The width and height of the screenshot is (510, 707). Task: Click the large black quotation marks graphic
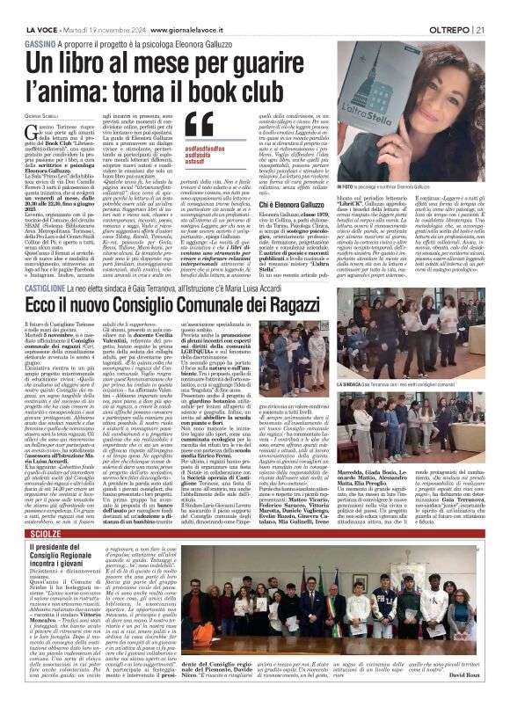click(x=200, y=126)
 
